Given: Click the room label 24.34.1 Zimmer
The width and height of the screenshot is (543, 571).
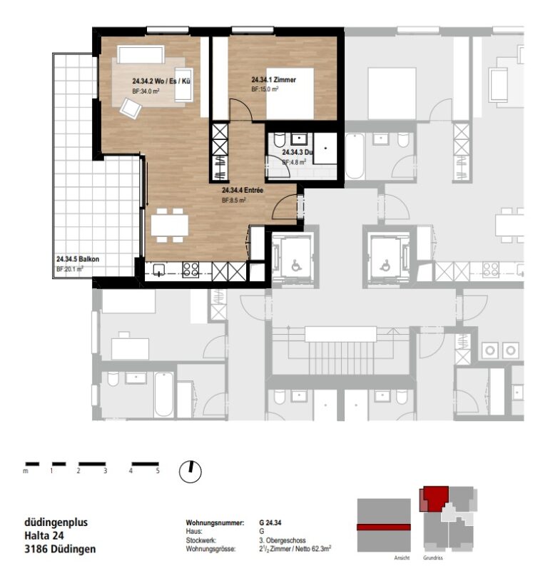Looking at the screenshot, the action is (274, 80).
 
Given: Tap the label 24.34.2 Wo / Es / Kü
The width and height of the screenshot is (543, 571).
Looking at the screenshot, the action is (161, 81).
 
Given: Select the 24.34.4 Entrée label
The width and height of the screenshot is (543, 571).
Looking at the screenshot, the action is (243, 190).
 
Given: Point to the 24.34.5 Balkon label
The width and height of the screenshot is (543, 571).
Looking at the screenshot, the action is (78, 259).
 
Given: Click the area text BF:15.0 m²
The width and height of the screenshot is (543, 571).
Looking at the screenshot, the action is (265, 89).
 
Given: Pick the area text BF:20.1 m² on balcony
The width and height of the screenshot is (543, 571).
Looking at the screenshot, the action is (69, 269).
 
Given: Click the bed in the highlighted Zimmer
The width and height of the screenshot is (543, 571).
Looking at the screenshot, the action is (290, 94).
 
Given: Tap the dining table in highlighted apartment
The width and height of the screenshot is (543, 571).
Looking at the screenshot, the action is (170, 225).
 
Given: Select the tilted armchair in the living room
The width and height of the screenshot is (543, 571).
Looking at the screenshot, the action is (131, 108).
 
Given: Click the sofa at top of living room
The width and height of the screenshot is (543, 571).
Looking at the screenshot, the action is (141, 54).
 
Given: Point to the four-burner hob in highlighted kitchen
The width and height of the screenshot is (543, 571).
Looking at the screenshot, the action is (191, 270).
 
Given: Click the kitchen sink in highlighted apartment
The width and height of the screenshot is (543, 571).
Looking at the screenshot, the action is (158, 271).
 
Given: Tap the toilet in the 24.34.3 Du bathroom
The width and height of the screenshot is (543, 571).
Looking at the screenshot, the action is (280, 140).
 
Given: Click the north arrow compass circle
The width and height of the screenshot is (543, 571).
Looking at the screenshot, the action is (191, 472).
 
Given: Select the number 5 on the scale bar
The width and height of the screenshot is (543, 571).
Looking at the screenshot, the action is (158, 470).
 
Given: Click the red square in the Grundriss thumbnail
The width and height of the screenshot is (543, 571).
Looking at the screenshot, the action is (436, 497).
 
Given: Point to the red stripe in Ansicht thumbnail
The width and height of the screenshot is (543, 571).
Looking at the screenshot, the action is (384, 527).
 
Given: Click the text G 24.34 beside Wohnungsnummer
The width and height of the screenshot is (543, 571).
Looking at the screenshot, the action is (270, 522).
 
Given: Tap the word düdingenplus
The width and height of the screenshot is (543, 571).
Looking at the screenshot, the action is (56, 522).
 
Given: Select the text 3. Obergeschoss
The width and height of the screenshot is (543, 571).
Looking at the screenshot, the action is (283, 540).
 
